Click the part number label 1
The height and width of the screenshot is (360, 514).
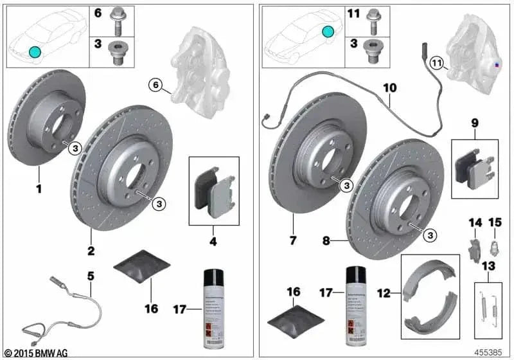[x=39, y=190]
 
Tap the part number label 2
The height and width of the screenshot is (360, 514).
[x=91, y=251]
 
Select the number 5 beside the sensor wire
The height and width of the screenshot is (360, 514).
[x=91, y=276]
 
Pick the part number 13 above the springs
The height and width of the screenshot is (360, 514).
[x=490, y=265]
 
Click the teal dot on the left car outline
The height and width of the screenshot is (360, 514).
[x=35, y=52]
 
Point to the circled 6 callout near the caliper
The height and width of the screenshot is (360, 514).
[x=155, y=84]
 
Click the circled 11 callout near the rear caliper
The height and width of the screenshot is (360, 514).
[x=437, y=63]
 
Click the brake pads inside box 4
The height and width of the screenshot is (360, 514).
[x=214, y=192]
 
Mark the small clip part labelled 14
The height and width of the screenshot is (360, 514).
[x=473, y=246]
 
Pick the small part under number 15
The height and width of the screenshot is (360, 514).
[x=493, y=245]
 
